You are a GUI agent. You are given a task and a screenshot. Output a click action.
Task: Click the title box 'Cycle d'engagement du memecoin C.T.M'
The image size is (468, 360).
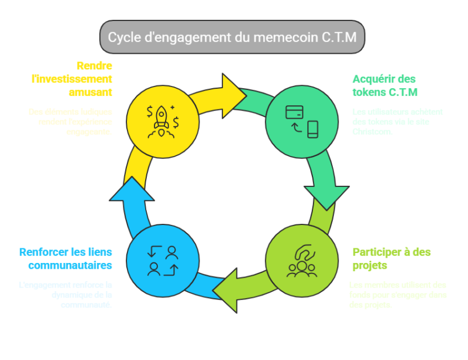(232, 37)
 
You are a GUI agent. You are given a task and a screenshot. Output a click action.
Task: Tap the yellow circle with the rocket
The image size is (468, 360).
(163, 122)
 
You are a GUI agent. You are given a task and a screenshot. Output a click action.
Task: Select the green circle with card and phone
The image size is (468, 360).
(302, 122)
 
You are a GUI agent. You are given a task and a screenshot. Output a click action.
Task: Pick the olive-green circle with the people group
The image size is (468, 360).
(302, 261)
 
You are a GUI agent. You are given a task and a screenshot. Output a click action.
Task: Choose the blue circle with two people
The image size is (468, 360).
(163, 261)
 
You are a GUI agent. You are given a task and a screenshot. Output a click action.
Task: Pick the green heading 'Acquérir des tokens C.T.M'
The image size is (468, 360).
(384, 85)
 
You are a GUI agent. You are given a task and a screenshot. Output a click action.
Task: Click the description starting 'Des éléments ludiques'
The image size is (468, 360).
(70, 122)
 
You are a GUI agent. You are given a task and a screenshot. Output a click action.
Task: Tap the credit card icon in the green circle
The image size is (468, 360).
(294, 112)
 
